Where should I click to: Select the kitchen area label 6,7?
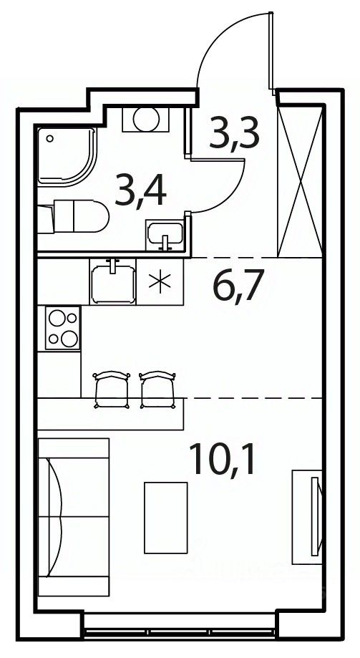(x=238, y=286)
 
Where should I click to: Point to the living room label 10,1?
(x=222, y=459)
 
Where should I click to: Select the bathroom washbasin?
(x=165, y=236)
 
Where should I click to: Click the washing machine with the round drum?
(x=145, y=119)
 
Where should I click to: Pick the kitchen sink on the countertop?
(x=112, y=282)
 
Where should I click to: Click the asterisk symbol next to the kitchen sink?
(x=160, y=281)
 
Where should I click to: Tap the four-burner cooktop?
(x=63, y=328)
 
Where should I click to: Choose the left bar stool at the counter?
(x=112, y=389)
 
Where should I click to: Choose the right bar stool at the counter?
(x=157, y=389)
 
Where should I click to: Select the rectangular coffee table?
(x=166, y=518)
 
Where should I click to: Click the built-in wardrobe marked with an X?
(x=300, y=181)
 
